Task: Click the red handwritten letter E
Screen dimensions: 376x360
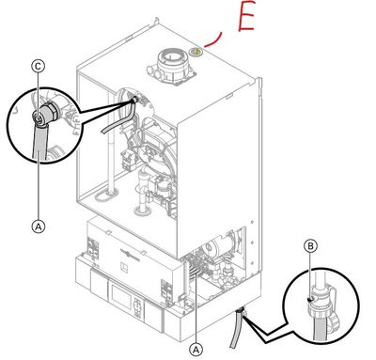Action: pyautogui.click(x=245, y=16)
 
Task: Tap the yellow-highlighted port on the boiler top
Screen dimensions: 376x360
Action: pyautogui.click(x=197, y=52)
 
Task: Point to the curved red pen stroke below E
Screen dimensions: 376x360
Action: pyautogui.click(x=214, y=40)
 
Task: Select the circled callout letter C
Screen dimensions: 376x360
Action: pyautogui.click(x=39, y=67)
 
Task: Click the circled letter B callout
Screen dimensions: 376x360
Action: pyautogui.click(x=310, y=246)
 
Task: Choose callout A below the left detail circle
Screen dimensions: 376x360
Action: pyautogui.click(x=39, y=226)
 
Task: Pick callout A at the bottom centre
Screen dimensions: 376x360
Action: pyautogui.click(x=196, y=350)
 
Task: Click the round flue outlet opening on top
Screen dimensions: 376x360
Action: pyautogui.click(x=171, y=57)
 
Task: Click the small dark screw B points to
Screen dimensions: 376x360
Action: pyautogui.click(x=310, y=300)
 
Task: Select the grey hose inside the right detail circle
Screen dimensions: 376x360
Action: pyautogui.click(x=321, y=329)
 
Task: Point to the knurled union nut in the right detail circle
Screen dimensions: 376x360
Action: pyautogui.click(x=320, y=311)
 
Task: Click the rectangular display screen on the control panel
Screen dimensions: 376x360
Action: pyautogui.click(x=119, y=294)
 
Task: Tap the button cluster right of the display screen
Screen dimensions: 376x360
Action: pyautogui.click(x=137, y=308)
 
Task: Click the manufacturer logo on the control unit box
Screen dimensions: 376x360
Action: pyautogui.click(x=130, y=253)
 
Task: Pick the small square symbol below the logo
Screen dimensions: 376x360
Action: pyautogui.click(x=124, y=267)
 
